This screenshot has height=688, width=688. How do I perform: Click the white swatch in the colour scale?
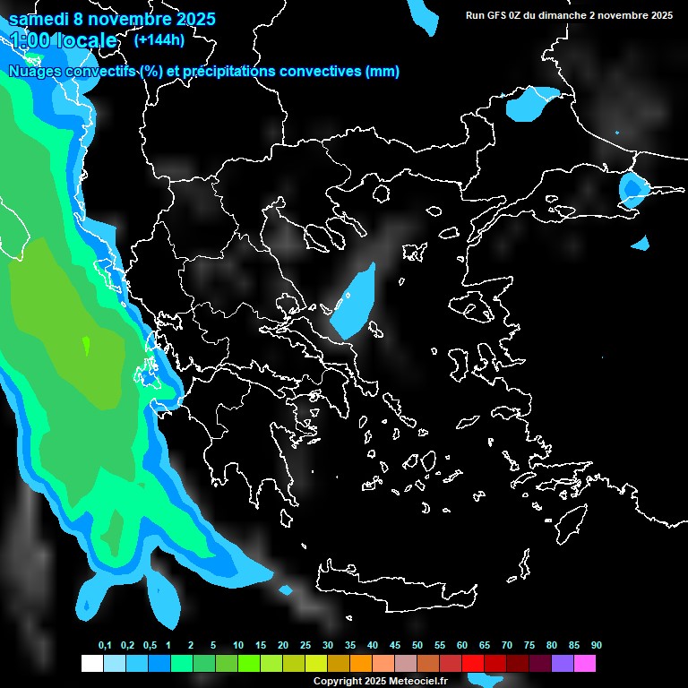pyautogui.click(x=91, y=663)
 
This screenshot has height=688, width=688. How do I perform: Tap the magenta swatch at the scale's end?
pyautogui.click(x=585, y=663)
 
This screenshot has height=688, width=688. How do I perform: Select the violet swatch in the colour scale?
pyautogui.click(x=563, y=663)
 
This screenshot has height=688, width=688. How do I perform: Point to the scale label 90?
pyautogui.click(x=596, y=646)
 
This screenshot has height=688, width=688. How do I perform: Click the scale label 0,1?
pyautogui.click(x=105, y=646)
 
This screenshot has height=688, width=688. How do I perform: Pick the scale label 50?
pyautogui.click(x=417, y=646)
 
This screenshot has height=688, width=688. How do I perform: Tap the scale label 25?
pyautogui.click(x=305, y=646)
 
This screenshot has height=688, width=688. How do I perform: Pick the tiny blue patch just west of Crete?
pyautogui.click(x=286, y=590)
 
